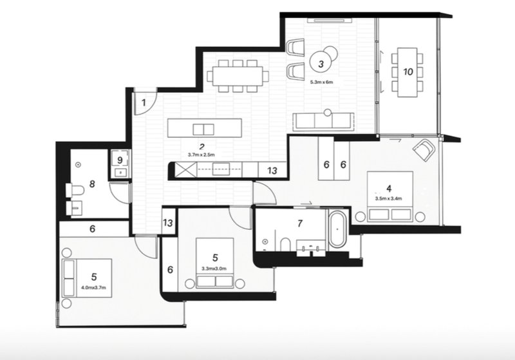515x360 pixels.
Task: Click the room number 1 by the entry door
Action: pyautogui.click(x=144, y=103)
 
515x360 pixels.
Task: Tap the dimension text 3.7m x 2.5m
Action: pyautogui.click(x=201, y=155)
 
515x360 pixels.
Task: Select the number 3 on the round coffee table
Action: pyautogui.click(x=321, y=64)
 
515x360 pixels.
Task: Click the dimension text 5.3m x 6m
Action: pyautogui.click(x=321, y=82)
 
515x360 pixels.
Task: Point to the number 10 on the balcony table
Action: pyautogui.click(x=407, y=71)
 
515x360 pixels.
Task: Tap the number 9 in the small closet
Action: pyautogui.click(x=120, y=160)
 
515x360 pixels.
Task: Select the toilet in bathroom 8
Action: pyautogui.click(x=74, y=190)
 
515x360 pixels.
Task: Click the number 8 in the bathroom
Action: pyautogui.click(x=92, y=184)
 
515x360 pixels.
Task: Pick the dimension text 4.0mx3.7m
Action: pyautogui.click(x=93, y=288)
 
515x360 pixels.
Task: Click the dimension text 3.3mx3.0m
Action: pyautogui.click(x=214, y=269)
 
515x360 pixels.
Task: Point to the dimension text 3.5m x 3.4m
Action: pyautogui.click(x=389, y=198)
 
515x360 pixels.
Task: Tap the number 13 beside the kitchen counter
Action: pyautogui.click(x=272, y=171)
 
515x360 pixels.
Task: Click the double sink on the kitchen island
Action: pyautogui.click(x=203, y=129)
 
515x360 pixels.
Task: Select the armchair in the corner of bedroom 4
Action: pyautogui.click(x=424, y=150)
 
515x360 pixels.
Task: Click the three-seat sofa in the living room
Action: pyautogui.click(x=324, y=121)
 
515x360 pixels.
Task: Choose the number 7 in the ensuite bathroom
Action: pyautogui.click(x=299, y=223)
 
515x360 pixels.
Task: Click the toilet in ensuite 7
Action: pyautogui.click(x=285, y=245)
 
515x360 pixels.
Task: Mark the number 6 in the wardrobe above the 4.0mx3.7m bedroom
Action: pyautogui.click(x=92, y=229)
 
